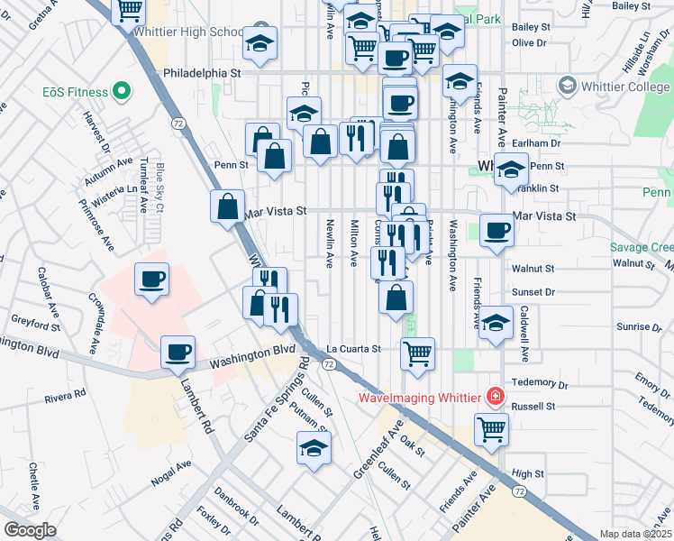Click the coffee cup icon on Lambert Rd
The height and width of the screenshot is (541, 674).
point(178,350)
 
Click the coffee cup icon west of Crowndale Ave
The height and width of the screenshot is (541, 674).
point(151,278)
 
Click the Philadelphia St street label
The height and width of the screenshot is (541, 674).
point(203,72)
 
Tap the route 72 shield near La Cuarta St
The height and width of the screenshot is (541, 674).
point(330,363)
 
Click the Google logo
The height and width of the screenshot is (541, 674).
point(29,529)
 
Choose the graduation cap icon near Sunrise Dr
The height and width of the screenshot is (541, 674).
point(496,322)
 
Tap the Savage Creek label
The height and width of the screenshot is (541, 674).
point(641,247)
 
